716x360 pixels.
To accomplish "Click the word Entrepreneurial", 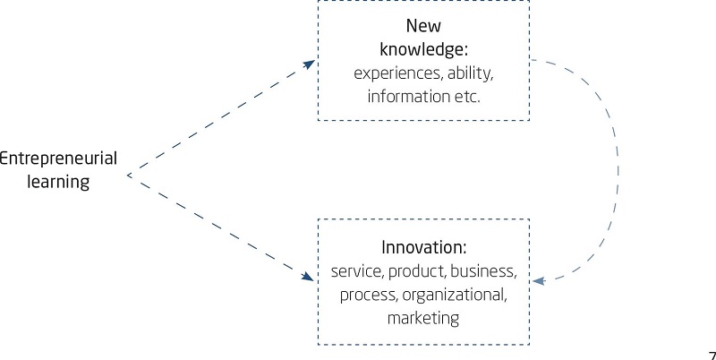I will [x=57, y=159].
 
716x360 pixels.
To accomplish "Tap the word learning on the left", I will [x=57, y=182].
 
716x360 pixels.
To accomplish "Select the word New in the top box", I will [x=423, y=26].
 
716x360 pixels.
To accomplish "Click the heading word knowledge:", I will [x=423, y=48].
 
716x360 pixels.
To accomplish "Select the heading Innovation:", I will [x=424, y=246].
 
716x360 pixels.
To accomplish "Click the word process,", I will [x=365, y=294].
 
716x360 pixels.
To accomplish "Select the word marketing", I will [x=423, y=317].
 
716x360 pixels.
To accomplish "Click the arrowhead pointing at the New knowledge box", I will [x=310, y=64].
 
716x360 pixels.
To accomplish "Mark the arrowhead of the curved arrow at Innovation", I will [x=539, y=281].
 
